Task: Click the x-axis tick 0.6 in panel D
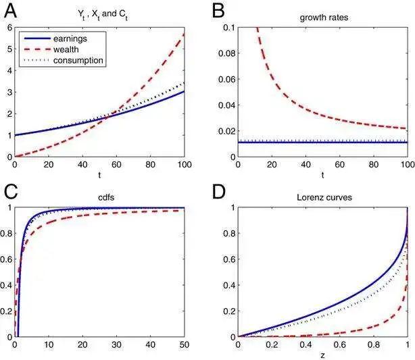(x=339, y=345)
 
